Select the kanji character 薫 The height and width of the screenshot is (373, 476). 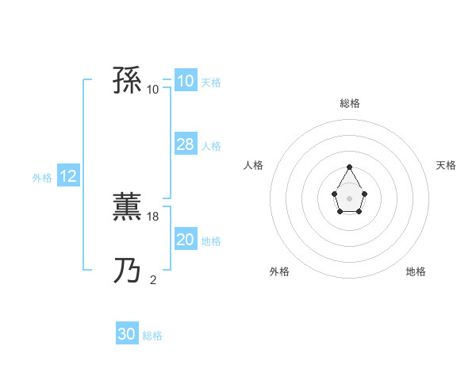point(127,208)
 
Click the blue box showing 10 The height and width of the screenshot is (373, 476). point(186,81)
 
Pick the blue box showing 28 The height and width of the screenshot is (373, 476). point(186,144)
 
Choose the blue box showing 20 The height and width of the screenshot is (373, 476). point(186,240)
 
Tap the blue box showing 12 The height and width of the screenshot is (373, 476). point(68,176)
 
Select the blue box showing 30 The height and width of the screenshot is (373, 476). point(127,334)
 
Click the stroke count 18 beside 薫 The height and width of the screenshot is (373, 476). point(154,216)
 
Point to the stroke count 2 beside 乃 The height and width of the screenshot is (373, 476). point(153,279)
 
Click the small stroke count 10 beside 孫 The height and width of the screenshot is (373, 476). point(153,89)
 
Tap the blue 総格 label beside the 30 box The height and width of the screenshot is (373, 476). point(152,336)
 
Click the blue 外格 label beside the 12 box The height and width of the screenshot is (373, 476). point(42,178)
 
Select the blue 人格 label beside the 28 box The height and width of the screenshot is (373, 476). point(211,146)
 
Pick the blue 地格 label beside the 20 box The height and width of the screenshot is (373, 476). point(211,241)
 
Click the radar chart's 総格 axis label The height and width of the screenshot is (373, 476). point(349,103)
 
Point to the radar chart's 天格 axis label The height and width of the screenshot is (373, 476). point(446,165)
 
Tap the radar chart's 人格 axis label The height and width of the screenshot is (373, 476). point(254,165)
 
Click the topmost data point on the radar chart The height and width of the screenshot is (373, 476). point(349,167)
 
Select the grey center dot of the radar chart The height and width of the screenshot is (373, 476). point(349,198)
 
